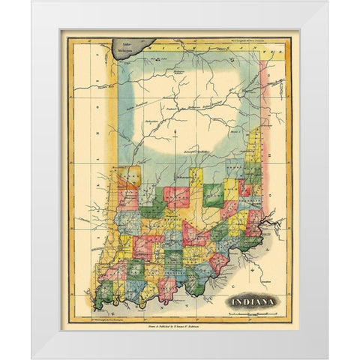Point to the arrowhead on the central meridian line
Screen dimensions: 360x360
(x=174, y=130)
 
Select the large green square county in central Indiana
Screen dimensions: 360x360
(x=212, y=194)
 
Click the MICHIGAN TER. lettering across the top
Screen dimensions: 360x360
(x=210, y=48)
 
